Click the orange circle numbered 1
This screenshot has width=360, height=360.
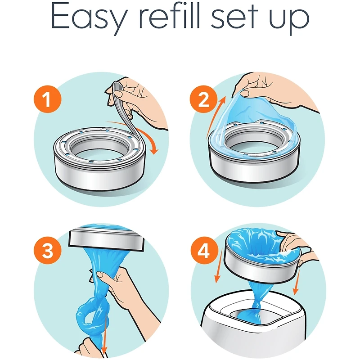pos(48,99)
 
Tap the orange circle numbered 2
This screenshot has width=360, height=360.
pos(204,99)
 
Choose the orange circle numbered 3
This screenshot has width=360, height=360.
pos(48,250)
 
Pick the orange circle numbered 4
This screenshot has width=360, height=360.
pos(204,250)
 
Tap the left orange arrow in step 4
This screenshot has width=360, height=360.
pos(219,266)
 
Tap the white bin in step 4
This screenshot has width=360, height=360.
pos(252,326)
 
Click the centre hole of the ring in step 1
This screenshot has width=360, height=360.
pos(99,152)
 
